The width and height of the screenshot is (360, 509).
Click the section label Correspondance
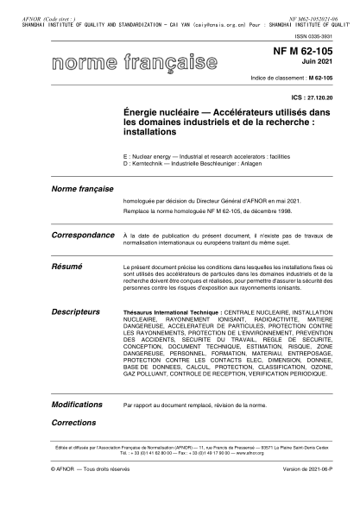[x=84, y=235]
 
